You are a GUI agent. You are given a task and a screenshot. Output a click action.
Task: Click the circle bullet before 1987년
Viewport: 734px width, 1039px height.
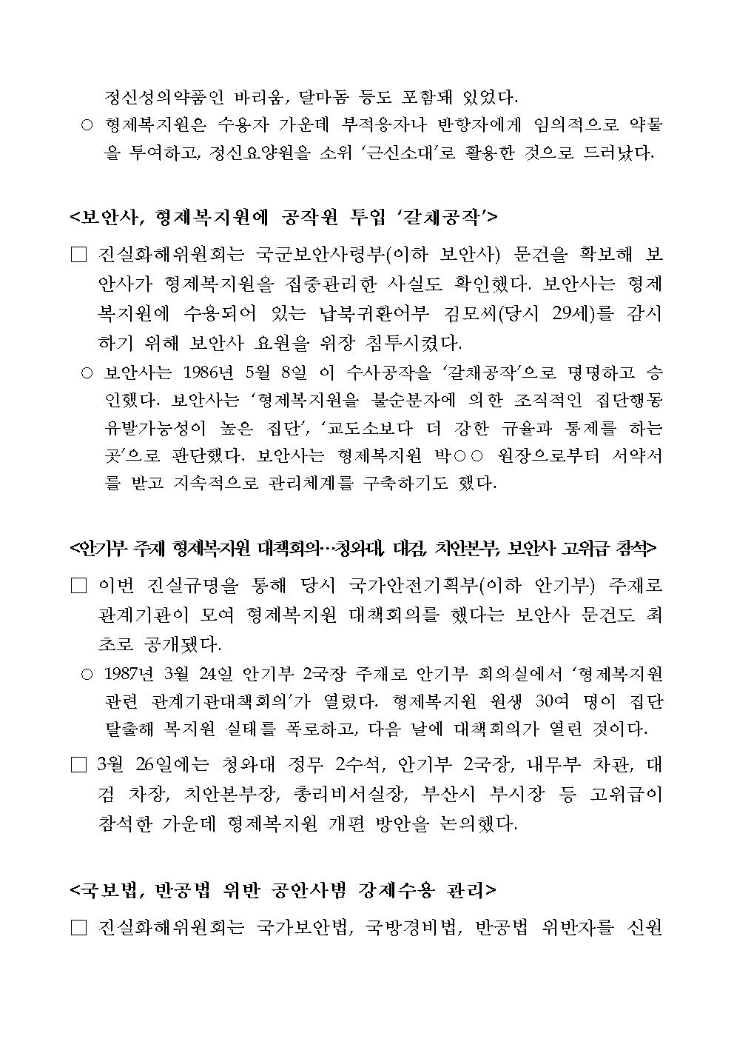point(87,675)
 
